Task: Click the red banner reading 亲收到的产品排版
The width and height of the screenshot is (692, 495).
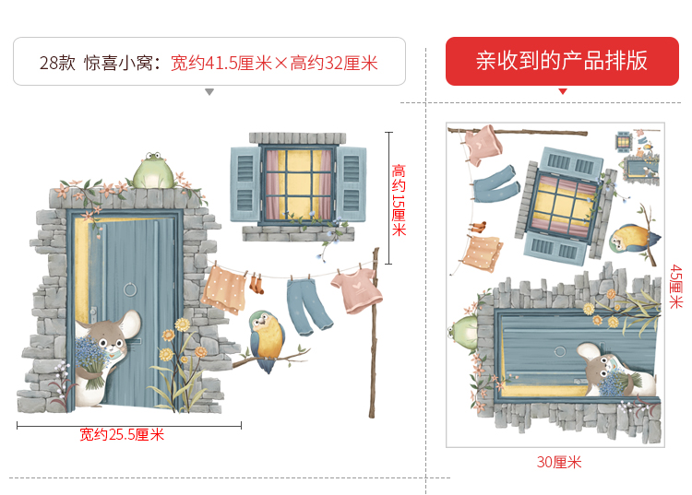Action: coord(561,61)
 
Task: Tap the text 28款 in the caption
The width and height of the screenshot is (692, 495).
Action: coord(56,63)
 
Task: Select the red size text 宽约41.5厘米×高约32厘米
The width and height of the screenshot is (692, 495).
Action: coord(275,63)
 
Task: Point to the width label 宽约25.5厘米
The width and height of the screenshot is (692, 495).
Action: coord(121,434)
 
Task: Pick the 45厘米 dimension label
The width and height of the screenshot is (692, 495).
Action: coord(675,285)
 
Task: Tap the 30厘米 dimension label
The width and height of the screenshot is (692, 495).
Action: coord(559,462)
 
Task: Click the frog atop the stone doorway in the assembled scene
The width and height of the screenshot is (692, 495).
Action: coord(153,172)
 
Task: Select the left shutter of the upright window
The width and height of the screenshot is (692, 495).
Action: coord(245,183)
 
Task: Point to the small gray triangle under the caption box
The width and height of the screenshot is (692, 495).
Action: coord(209,92)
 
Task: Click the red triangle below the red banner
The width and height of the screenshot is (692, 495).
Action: coord(562,92)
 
